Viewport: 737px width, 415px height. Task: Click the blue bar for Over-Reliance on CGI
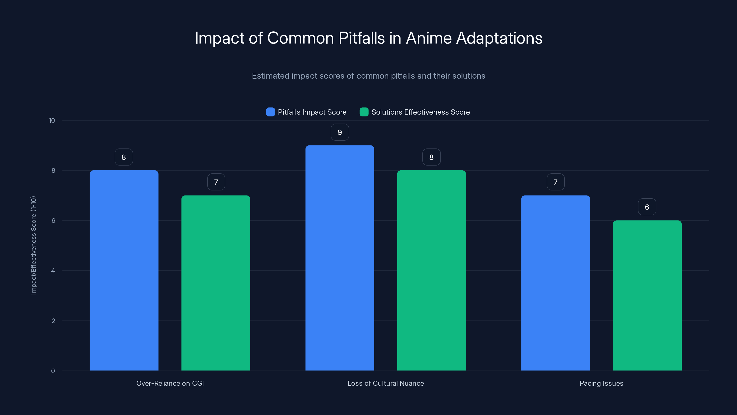124,270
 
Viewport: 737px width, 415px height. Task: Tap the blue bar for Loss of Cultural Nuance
340,258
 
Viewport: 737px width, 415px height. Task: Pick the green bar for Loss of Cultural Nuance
431,270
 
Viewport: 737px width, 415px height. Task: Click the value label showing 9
340,132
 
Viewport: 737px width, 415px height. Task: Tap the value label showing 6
647,207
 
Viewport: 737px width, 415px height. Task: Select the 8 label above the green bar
431,157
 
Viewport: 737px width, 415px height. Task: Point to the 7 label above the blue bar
555,182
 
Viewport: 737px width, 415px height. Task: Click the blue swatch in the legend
270,112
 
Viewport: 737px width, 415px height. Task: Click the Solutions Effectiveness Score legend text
420,112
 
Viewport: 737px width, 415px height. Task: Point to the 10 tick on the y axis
52,121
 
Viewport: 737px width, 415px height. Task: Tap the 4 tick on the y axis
53,271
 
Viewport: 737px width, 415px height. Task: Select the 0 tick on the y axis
53,371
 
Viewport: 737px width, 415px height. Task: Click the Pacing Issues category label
601,383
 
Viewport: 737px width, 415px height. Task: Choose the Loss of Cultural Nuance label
385,383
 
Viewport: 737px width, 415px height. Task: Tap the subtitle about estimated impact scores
368,76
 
